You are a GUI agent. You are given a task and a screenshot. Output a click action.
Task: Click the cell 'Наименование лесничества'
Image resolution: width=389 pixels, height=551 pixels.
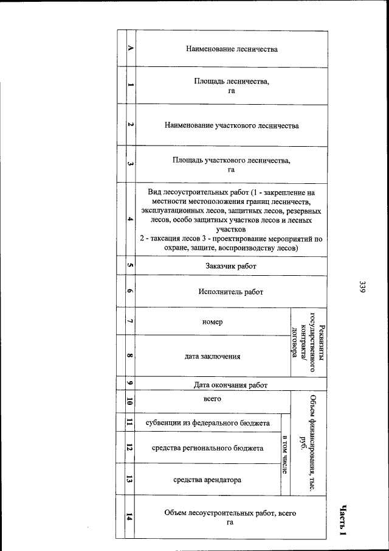tap(231, 49)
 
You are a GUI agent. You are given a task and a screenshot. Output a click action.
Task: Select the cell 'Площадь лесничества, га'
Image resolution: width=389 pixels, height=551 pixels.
tap(231, 85)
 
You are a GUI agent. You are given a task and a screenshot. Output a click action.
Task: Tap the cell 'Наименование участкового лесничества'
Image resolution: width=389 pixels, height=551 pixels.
tap(231, 126)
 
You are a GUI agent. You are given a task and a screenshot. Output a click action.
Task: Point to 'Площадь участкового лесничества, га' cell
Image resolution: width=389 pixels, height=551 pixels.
tap(231, 165)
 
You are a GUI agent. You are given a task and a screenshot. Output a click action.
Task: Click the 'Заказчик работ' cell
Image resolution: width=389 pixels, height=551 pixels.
tap(231, 266)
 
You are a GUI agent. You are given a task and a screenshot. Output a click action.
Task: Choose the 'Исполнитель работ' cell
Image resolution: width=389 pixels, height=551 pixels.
tap(231, 292)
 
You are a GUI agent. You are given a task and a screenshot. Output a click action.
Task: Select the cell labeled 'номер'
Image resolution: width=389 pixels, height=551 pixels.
tap(213, 321)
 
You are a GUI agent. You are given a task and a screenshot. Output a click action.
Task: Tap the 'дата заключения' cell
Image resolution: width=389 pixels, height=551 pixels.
tap(213, 356)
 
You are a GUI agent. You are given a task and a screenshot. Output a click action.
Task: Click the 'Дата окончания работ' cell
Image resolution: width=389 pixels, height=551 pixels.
tap(231, 385)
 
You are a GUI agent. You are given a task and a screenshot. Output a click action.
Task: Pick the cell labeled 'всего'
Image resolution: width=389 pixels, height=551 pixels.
tap(212, 399)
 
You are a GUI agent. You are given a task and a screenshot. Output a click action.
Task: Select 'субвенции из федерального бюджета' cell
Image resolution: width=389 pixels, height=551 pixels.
tap(207, 423)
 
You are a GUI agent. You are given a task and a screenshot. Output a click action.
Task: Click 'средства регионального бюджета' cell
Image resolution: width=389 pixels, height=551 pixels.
tap(207, 448)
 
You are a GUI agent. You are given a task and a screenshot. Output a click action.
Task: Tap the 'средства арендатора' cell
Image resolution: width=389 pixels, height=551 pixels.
tap(207, 480)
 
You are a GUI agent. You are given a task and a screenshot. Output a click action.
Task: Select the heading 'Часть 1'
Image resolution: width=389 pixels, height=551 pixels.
tap(343, 520)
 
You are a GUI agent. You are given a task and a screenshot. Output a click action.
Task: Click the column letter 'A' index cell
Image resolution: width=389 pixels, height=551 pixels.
tap(130, 49)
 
